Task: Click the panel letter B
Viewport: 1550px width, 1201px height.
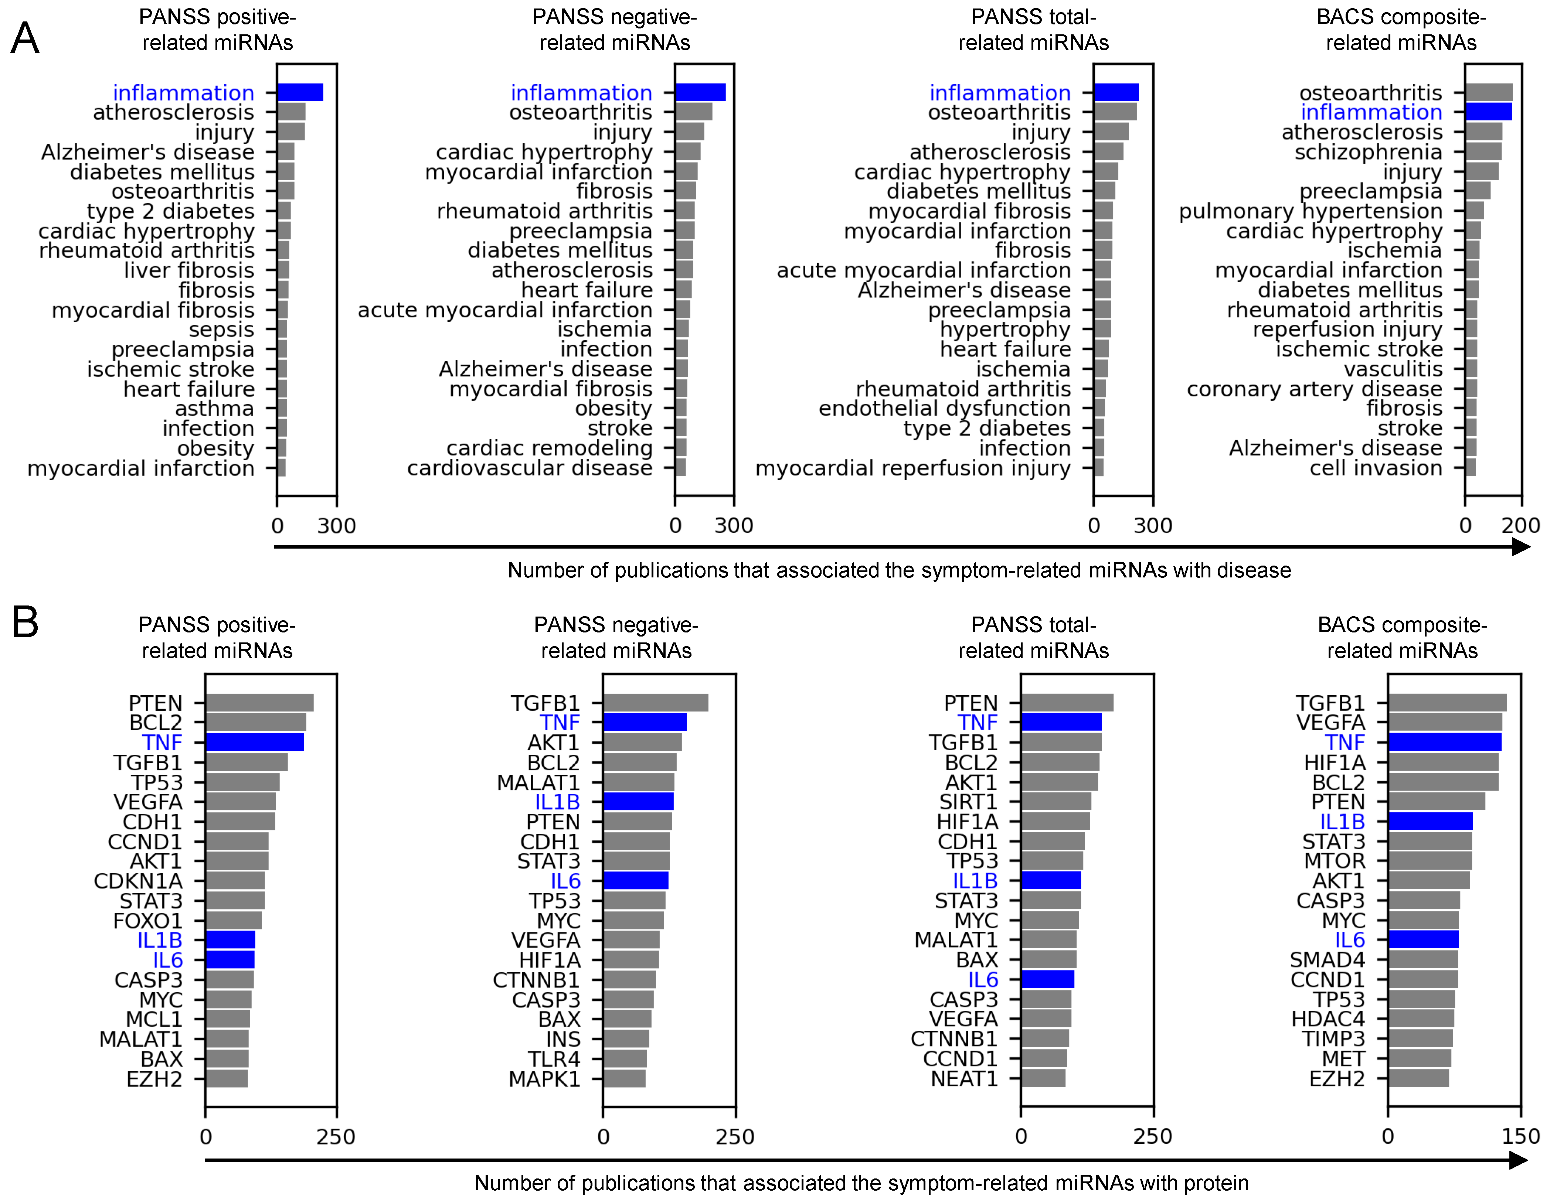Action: tap(25, 622)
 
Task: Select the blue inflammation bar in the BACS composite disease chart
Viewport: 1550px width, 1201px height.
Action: tap(1488, 112)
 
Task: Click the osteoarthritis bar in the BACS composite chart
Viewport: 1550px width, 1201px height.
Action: tap(1489, 92)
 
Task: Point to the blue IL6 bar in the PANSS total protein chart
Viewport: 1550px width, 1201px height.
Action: tap(1047, 980)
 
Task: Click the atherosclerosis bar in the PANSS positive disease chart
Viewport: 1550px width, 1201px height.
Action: tap(291, 112)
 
